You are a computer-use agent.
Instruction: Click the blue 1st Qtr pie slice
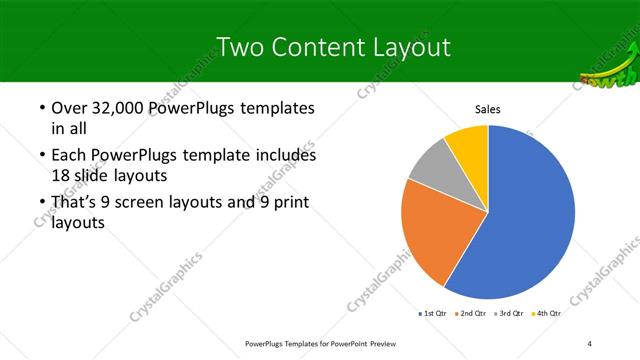click(530, 215)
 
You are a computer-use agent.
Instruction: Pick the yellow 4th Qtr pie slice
click(467, 142)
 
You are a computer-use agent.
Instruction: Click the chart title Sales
click(487, 109)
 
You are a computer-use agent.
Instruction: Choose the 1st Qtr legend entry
click(433, 313)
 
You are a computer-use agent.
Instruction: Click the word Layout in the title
click(408, 47)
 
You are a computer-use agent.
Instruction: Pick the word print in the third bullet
click(283, 203)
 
